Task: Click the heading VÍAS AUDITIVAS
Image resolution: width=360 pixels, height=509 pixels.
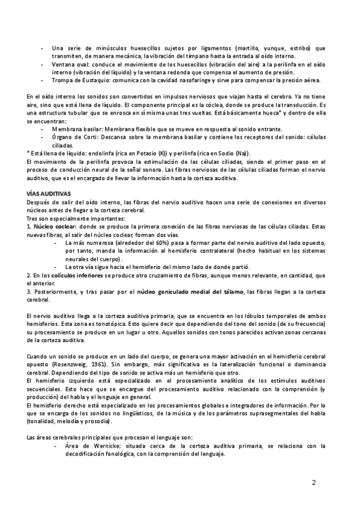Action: (x=49, y=194)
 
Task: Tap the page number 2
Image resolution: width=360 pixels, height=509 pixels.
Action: (x=314, y=483)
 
